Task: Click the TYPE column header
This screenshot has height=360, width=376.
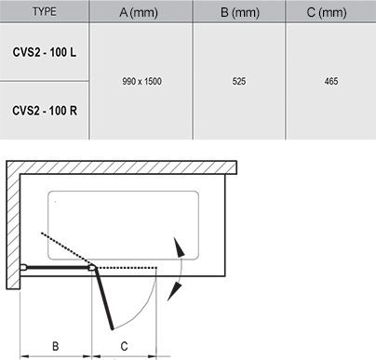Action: tap(44, 12)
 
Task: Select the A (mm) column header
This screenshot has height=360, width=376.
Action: tap(141, 12)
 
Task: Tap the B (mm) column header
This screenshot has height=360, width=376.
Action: tap(238, 12)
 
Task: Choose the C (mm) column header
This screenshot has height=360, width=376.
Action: tap(331, 12)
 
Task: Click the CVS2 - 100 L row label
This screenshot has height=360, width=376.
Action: tap(45, 49)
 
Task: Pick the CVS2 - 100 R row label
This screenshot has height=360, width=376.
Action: tap(45, 111)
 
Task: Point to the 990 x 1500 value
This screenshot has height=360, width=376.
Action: tap(141, 81)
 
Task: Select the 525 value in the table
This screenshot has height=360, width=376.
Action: tap(238, 81)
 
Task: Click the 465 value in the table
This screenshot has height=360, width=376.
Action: tap(331, 81)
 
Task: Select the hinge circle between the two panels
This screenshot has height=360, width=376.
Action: tap(92, 268)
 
